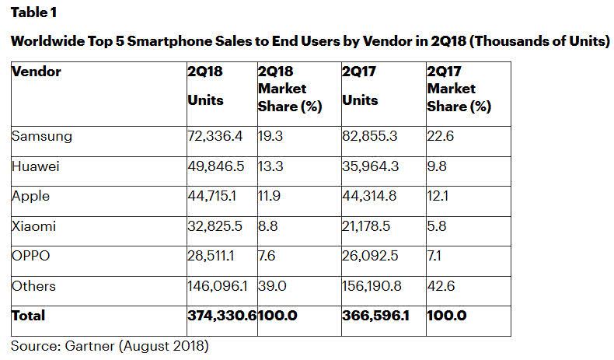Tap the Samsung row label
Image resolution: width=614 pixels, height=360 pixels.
[42, 136]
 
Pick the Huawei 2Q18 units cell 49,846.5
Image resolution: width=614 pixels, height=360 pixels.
[215, 166]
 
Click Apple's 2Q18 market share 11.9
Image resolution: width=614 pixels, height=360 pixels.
[270, 196]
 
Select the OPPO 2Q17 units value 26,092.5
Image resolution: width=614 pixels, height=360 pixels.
[369, 256]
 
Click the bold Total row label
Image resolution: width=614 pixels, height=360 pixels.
[29, 315]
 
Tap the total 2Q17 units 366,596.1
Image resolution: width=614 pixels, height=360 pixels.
[376, 315]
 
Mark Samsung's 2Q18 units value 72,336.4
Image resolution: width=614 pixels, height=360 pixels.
[215, 136]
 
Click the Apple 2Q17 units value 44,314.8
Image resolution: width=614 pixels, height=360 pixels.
[369, 196]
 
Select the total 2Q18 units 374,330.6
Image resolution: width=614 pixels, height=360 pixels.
[221, 315]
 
